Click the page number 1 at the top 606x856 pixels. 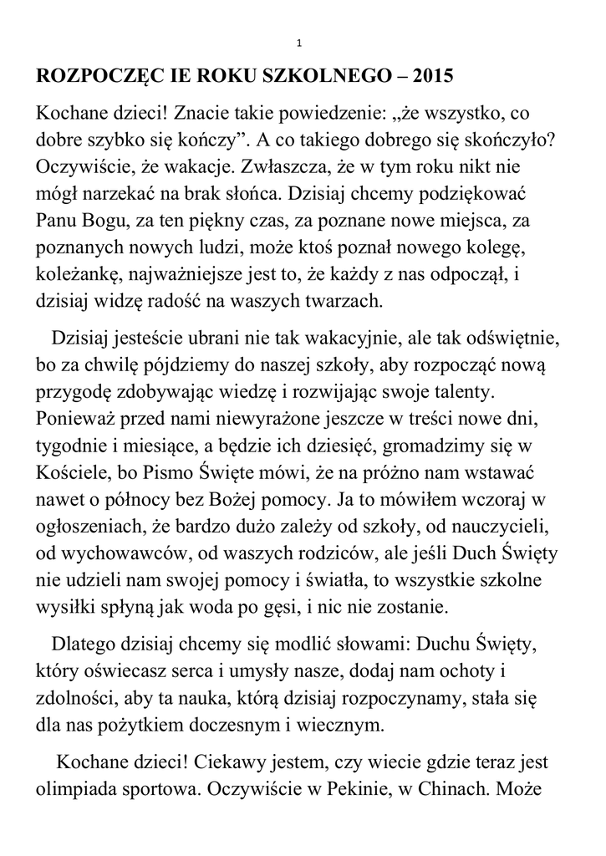click(299, 43)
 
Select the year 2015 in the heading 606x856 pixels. click(430, 76)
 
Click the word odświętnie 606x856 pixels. click(511, 339)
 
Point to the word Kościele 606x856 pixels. click(69, 472)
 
